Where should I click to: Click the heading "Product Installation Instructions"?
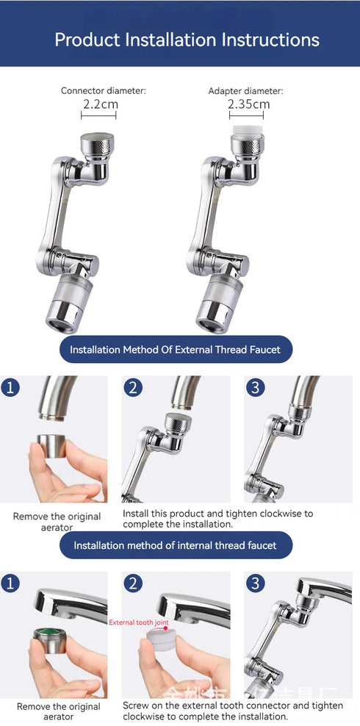point(187,39)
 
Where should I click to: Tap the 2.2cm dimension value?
point(99,104)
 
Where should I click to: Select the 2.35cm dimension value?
point(248,104)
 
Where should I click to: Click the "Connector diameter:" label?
point(103,90)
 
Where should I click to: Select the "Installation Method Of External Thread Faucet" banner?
point(175,349)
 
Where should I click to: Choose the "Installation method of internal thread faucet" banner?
point(175,545)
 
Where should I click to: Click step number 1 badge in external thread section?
point(10,387)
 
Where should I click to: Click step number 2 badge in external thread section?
point(133,387)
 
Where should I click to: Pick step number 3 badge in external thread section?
point(255,387)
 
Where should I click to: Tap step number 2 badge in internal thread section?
point(133,583)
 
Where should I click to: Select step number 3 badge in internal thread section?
point(255,583)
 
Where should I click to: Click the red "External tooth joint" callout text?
point(139,622)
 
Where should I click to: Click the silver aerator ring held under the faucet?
point(53,446)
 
